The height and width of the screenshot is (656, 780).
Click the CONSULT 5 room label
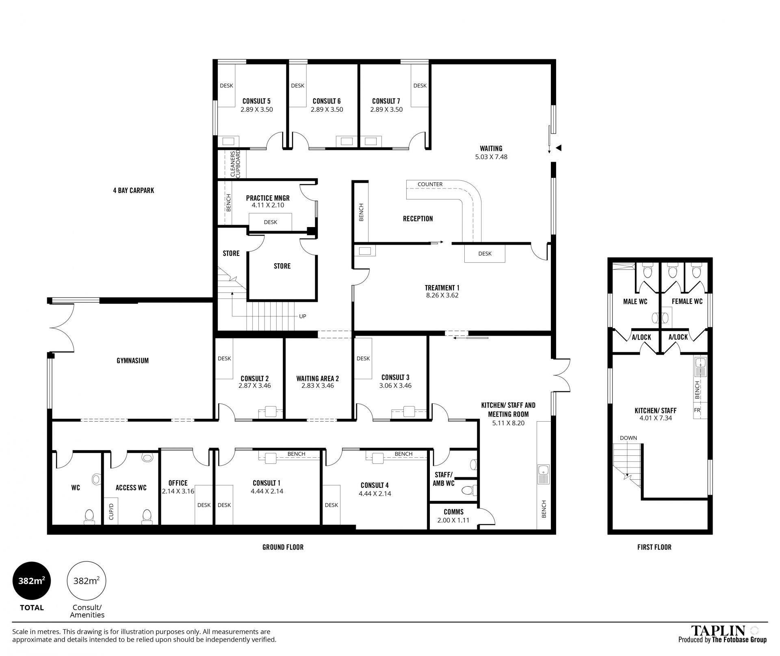coord(256,101)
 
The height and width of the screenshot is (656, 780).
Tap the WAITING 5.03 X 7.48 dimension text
coord(491,157)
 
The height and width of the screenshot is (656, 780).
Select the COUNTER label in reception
coord(430,184)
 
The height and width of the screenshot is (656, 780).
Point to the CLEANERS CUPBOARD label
coord(236,164)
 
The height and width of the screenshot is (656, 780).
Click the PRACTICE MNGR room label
coord(268,198)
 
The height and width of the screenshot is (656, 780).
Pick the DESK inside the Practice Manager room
coord(271,222)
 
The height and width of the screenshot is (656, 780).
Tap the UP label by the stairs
coord(302,316)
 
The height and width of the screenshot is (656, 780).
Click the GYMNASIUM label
coord(132,360)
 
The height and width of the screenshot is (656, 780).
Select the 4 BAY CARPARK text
coord(134,190)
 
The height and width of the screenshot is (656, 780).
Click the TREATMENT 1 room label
coord(442,288)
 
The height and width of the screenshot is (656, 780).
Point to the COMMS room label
coord(453,512)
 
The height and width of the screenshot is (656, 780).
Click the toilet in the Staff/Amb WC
coord(468,490)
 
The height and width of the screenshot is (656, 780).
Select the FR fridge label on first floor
coord(697,410)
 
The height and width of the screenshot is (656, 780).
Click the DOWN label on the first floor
coord(628,438)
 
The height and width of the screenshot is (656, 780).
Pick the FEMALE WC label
coord(687,301)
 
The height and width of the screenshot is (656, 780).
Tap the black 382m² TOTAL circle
coord(32,581)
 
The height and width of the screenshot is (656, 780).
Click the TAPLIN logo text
coord(718,630)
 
